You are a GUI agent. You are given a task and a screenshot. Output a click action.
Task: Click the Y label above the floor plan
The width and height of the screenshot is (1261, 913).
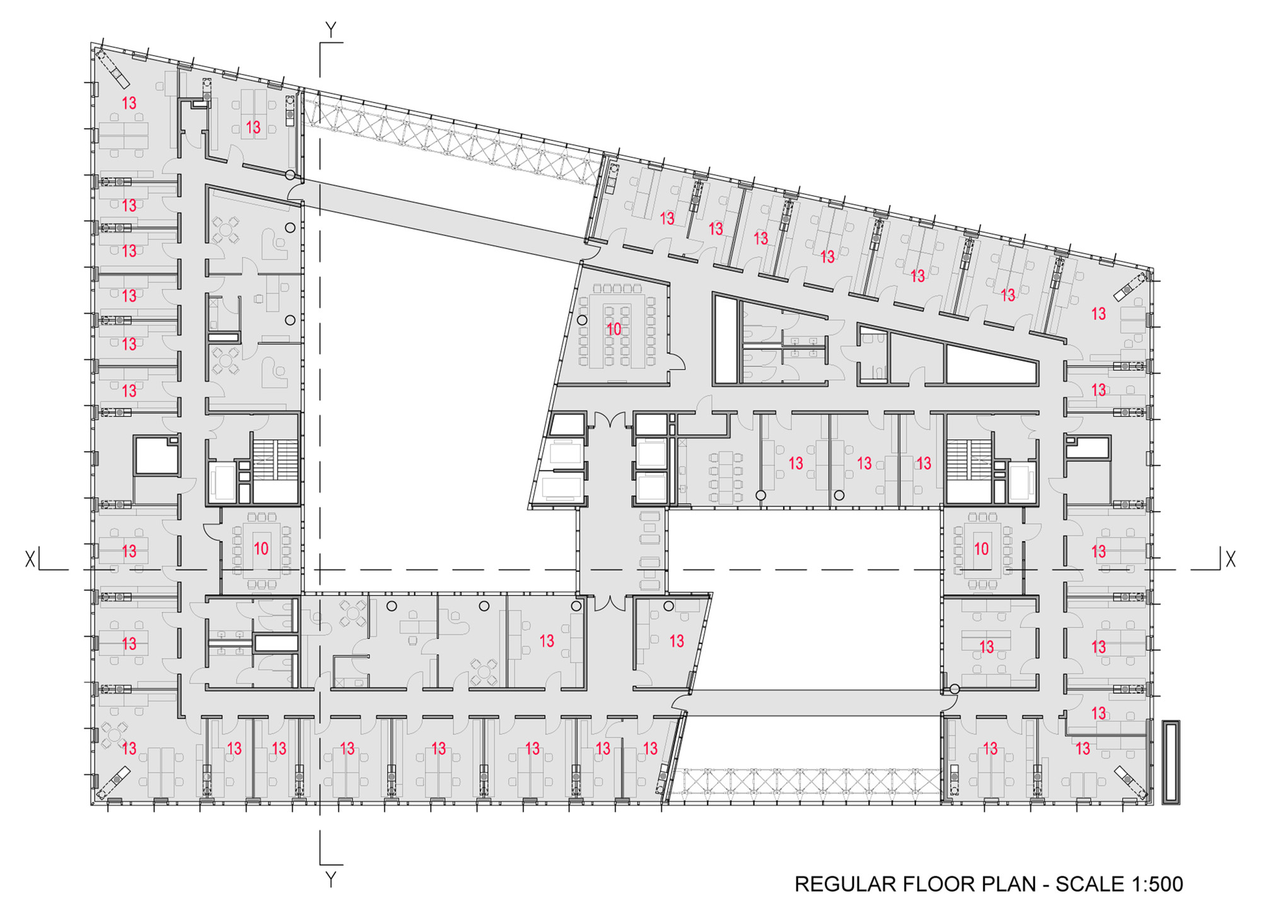pos(330,30)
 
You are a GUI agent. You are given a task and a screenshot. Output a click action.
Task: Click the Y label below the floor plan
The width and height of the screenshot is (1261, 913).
pos(330,879)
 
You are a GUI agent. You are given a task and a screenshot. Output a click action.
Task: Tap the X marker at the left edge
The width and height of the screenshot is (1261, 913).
pos(30,559)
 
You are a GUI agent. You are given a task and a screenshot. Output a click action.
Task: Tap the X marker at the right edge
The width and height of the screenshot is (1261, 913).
pos(1230,558)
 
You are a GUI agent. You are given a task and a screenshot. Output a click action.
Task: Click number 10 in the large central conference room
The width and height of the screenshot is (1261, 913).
pos(613,329)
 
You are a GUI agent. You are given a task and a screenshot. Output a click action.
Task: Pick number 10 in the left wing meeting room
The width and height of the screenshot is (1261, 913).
pos(260,548)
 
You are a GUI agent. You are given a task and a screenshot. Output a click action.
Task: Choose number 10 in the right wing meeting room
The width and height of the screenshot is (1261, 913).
pos(981,548)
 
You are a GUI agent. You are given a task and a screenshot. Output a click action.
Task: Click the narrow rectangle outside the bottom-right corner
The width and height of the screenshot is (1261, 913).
pos(1171,762)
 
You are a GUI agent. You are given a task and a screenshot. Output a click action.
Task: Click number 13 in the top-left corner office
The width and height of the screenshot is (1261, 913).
pos(129,103)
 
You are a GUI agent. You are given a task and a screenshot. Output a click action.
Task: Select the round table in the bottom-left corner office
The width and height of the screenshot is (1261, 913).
pos(115,734)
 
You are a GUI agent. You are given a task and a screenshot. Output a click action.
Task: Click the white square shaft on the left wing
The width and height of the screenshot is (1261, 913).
pos(156,454)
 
